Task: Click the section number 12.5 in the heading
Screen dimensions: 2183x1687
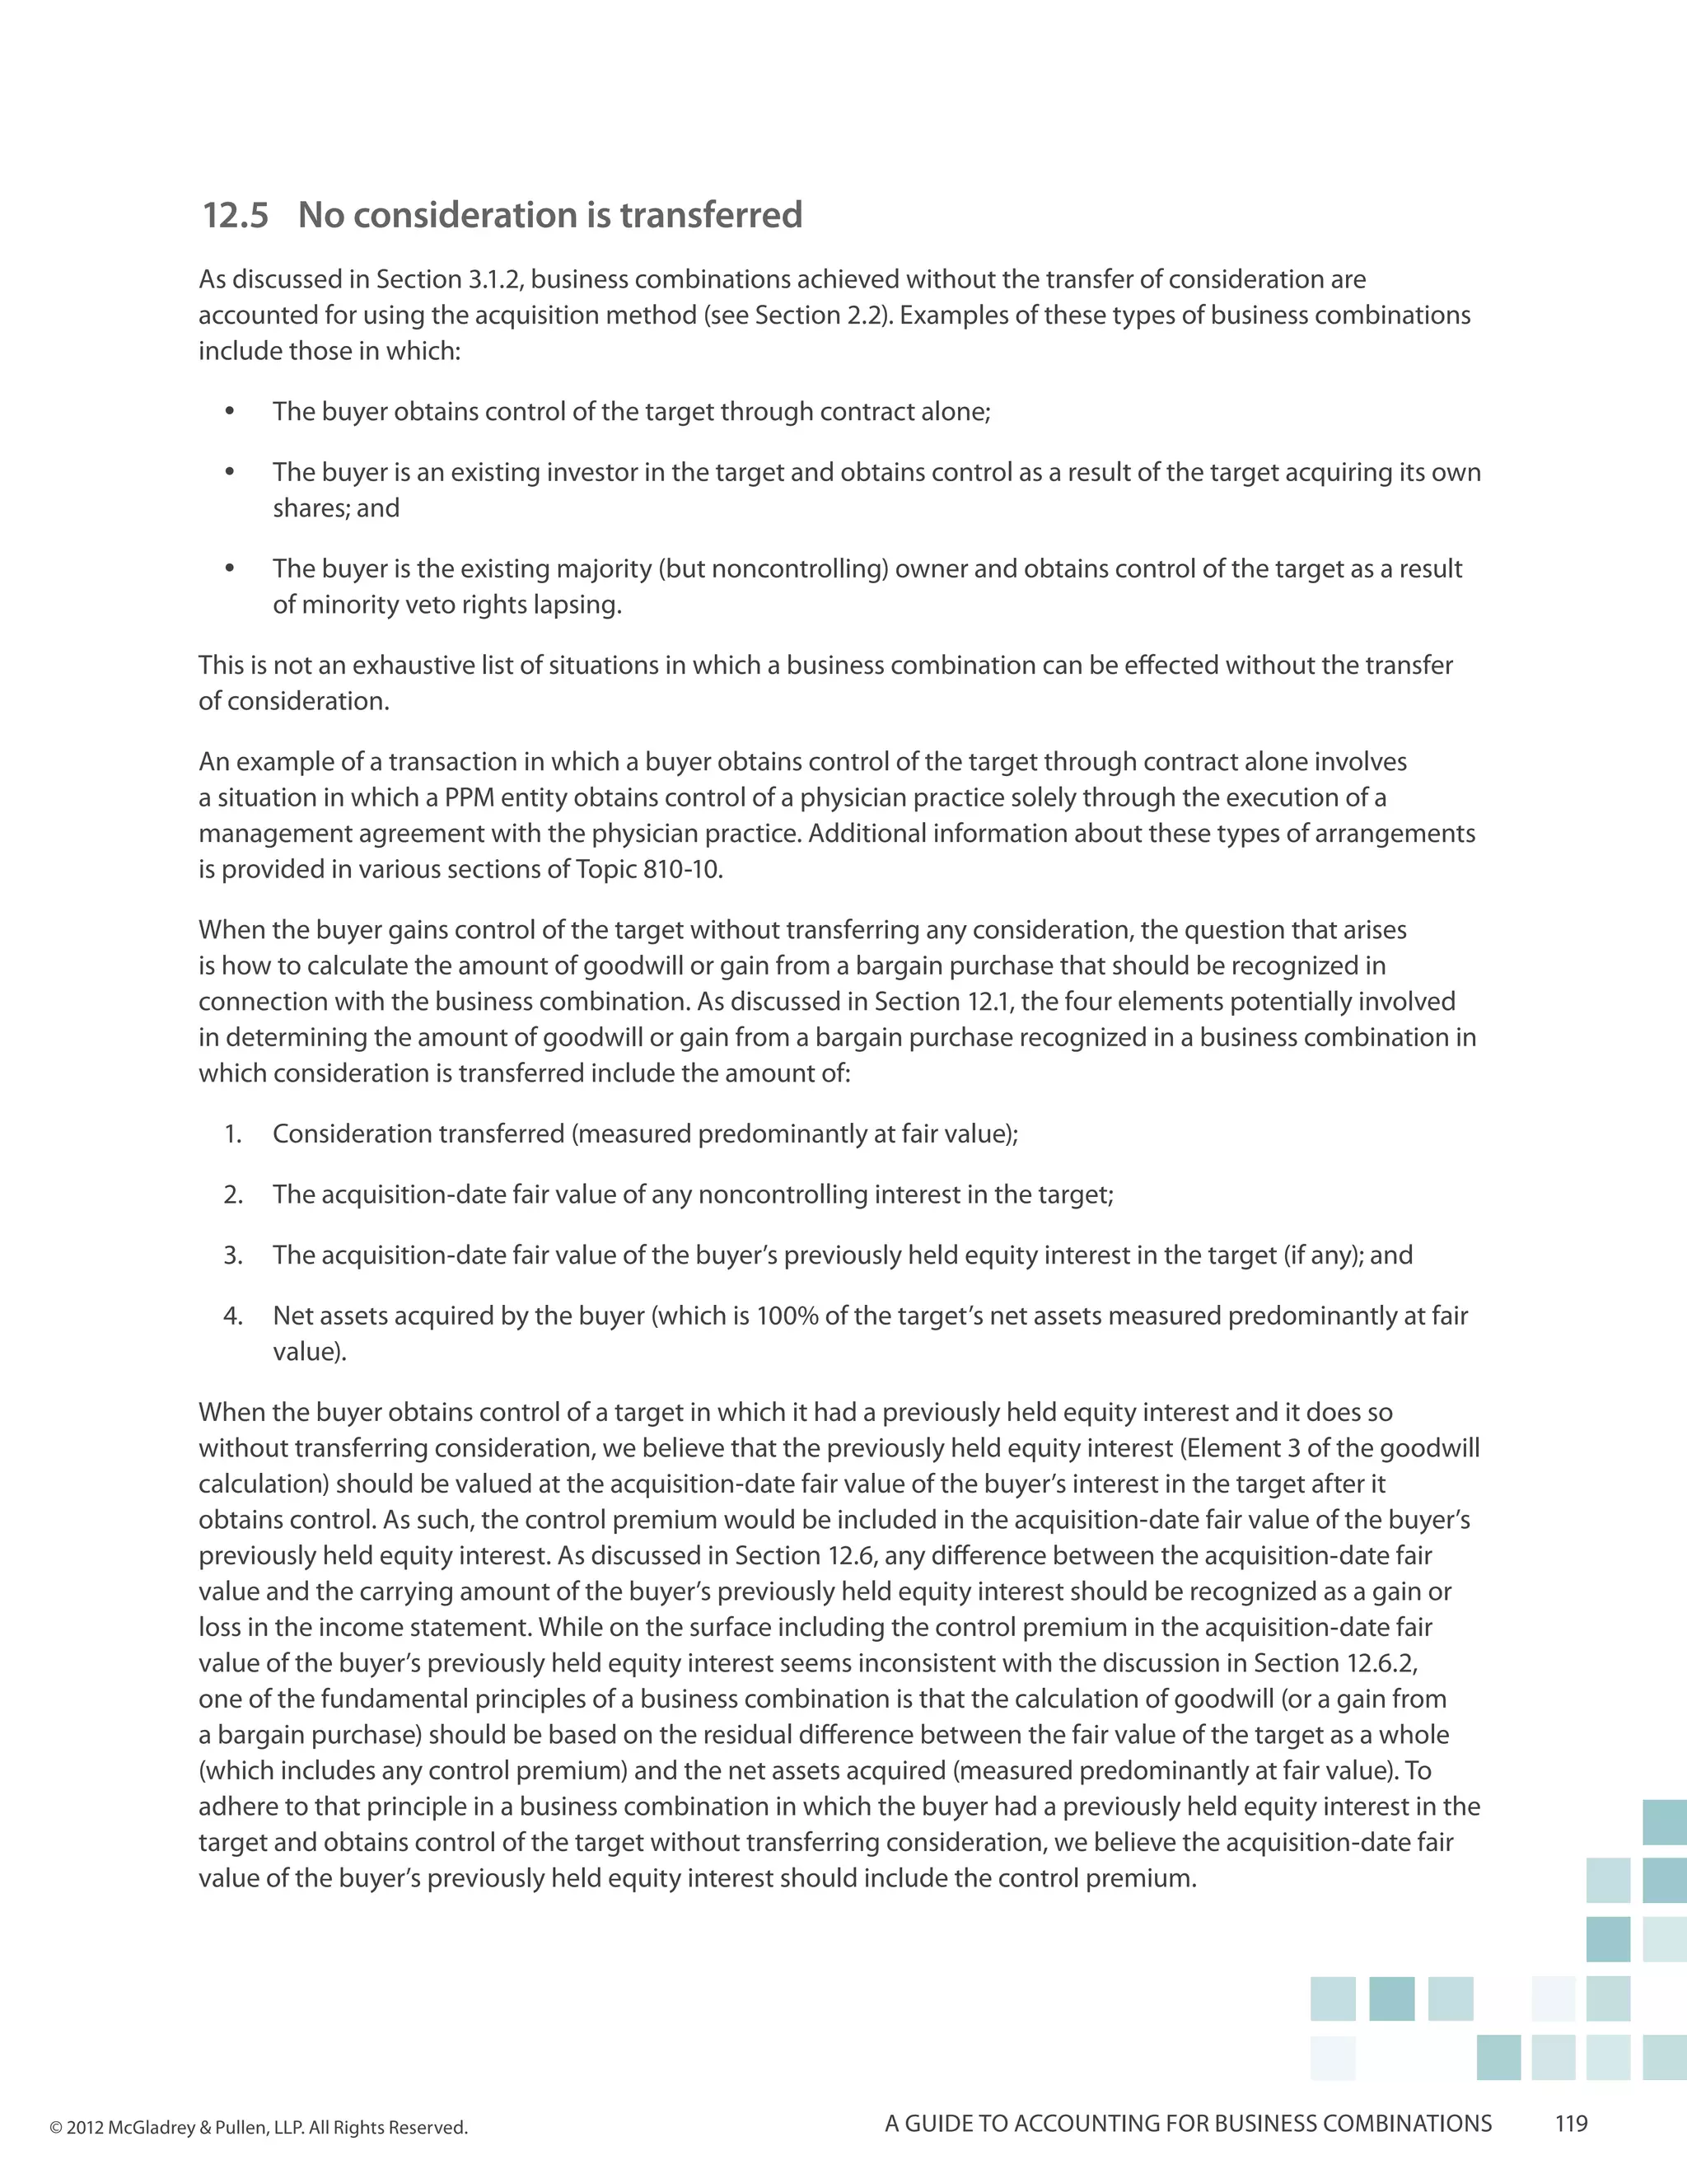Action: [x=236, y=216]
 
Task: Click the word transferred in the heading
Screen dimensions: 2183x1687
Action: [x=709, y=216]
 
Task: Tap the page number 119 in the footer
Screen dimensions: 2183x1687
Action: [x=1571, y=2123]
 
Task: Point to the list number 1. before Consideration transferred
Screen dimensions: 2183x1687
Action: [x=233, y=1134]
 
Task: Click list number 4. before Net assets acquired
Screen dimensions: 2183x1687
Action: [x=233, y=1316]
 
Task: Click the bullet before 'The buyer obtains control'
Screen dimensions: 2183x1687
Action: [x=230, y=412]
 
